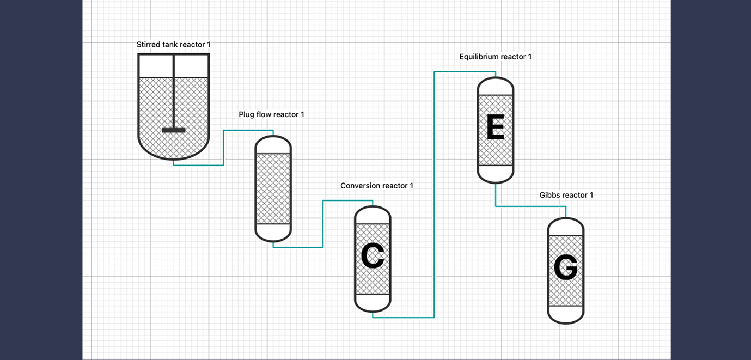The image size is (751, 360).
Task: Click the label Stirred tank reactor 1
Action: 173,44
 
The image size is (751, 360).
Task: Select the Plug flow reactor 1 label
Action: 271,114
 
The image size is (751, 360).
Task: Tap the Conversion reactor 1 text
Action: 376,186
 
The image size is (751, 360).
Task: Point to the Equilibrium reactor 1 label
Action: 495,57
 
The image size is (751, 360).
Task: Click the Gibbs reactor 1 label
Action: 566,195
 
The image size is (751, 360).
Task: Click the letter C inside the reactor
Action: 373,257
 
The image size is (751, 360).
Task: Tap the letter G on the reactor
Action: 566,268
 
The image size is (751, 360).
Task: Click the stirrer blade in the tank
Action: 174,130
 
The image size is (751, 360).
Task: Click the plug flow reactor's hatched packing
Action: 273,188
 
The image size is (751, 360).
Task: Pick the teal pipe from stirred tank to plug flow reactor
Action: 223,147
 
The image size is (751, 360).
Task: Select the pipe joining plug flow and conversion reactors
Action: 323,224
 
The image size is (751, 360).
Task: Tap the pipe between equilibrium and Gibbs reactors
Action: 531,206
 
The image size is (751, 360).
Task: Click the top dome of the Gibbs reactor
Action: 566,227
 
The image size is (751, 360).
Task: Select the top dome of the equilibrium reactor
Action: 495,87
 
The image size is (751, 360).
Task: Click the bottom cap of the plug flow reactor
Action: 273,233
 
